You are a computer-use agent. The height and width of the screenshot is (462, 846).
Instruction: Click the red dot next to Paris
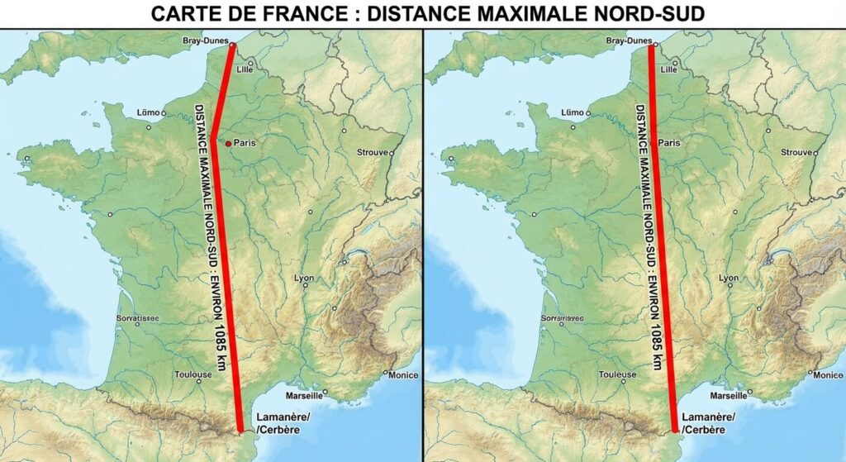click(x=228, y=143)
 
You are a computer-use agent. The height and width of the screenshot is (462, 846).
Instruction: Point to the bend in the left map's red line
click(x=212, y=138)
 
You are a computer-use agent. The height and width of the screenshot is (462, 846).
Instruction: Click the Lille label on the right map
click(x=669, y=70)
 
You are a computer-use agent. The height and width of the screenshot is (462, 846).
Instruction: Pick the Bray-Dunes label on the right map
click(x=629, y=40)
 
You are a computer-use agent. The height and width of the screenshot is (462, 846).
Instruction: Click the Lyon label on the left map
click(x=304, y=278)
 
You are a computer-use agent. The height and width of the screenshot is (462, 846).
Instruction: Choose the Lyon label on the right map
click(x=728, y=278)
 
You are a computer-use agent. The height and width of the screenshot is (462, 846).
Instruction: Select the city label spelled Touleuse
click(x=617, y=374)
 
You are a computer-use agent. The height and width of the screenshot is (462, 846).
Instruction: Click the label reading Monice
click(x=404, y=374)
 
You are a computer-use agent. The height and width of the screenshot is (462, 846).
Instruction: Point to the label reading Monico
click(x=828, y=374)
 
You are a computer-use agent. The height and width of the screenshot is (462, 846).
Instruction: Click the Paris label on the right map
click(x=669, y=142)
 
